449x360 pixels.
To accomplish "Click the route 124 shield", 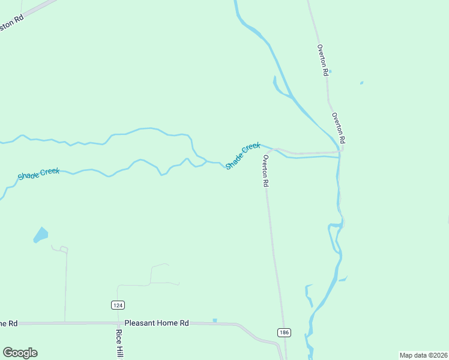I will (x=118, y=305).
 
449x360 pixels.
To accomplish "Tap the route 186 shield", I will (x=283, y=332).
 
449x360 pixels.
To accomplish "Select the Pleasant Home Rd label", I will (x=157, y=323).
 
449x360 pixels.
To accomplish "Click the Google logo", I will (x=20, y=353).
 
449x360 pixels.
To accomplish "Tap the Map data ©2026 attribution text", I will (x=423, y=355).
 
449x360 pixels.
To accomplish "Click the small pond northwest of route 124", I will (x=41, y=235).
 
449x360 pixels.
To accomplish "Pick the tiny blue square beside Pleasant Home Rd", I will (x=214, y=320).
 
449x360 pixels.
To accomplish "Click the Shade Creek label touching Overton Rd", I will (x=243, y=155).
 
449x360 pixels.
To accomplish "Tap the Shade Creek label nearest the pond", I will (x=38, y=173).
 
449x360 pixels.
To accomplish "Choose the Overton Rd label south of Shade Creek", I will (x=264, y=171).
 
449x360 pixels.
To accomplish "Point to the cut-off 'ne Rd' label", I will (x=8, y=323).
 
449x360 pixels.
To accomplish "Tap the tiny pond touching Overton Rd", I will (x=330, y=71).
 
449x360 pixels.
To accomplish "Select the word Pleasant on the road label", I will (x=140, y=323).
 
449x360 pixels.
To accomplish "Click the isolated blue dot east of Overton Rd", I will (x=361, y=83).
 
